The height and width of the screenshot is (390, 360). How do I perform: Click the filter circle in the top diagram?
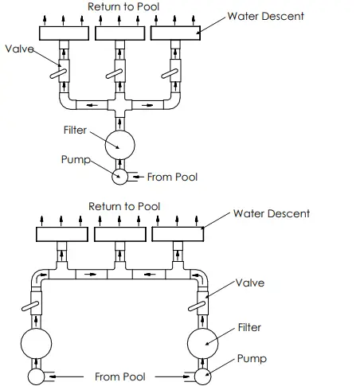pyautogui.click(x=119, y=144)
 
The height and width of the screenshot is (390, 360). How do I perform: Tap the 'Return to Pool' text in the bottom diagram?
pyautogui.click(x=124, y=206)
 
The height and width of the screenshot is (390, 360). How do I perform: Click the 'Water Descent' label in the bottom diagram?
pyautogui.click(x=272, y=213)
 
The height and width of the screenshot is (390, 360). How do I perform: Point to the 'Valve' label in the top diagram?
pyautogui.click(x=19, y=49)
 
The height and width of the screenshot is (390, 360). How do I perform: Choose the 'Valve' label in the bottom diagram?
pyautogui.click(x=249, y=283)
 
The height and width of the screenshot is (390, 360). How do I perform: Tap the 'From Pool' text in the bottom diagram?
pyautogui.click(x=119, y=376)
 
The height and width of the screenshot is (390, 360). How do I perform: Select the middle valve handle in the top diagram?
pyautogui.click(x=119, y=73)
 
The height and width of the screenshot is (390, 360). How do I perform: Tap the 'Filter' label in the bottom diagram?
pyautogui.click(x=248, y=327)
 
